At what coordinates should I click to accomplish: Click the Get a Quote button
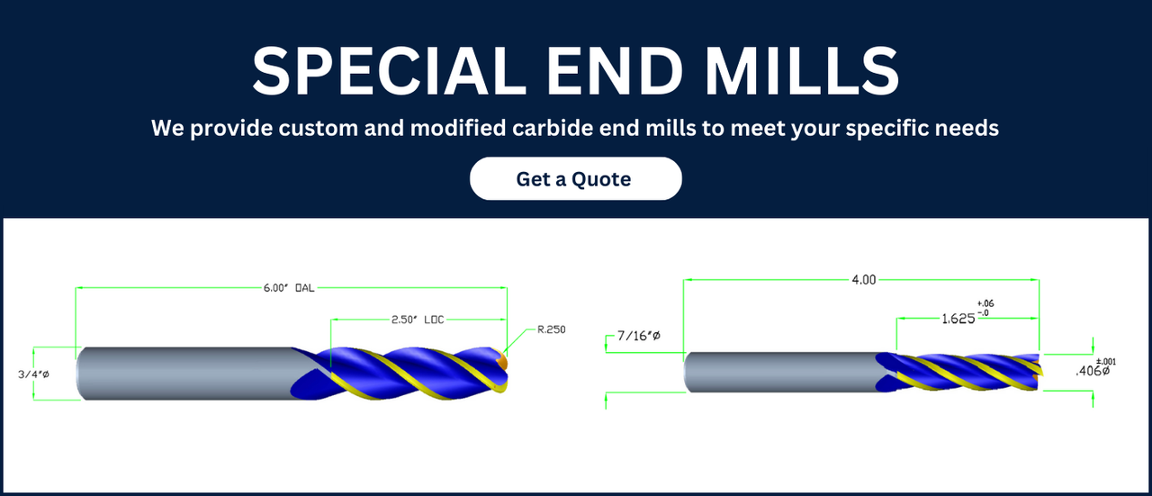click(575, 178)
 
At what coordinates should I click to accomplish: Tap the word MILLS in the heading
click(802, 71)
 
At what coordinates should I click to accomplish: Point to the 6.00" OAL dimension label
click(289, 288)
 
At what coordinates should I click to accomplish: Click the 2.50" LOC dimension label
click(418, 320)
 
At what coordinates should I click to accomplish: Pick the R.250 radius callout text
click(552, 329)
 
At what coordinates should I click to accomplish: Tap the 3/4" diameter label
click(33, 374)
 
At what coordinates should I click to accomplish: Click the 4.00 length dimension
click(863, 279)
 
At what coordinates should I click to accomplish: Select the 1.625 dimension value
click(958, 319)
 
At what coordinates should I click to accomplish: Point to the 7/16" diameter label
click(639, 336)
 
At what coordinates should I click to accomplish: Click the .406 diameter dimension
click(1093, 371)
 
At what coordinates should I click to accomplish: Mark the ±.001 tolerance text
click(1106, 362)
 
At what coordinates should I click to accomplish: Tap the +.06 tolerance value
click(985, 303)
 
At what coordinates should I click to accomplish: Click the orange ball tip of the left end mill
click(502, 360)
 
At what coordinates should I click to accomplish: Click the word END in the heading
click(615, 71)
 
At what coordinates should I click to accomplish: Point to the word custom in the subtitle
click(318, 128)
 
